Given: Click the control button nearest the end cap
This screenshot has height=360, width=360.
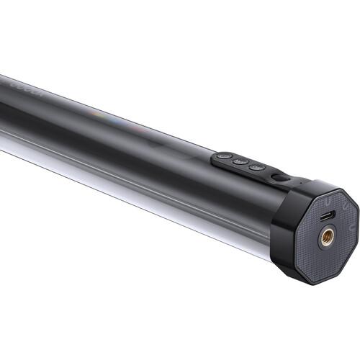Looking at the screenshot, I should (x=257, y=168).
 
